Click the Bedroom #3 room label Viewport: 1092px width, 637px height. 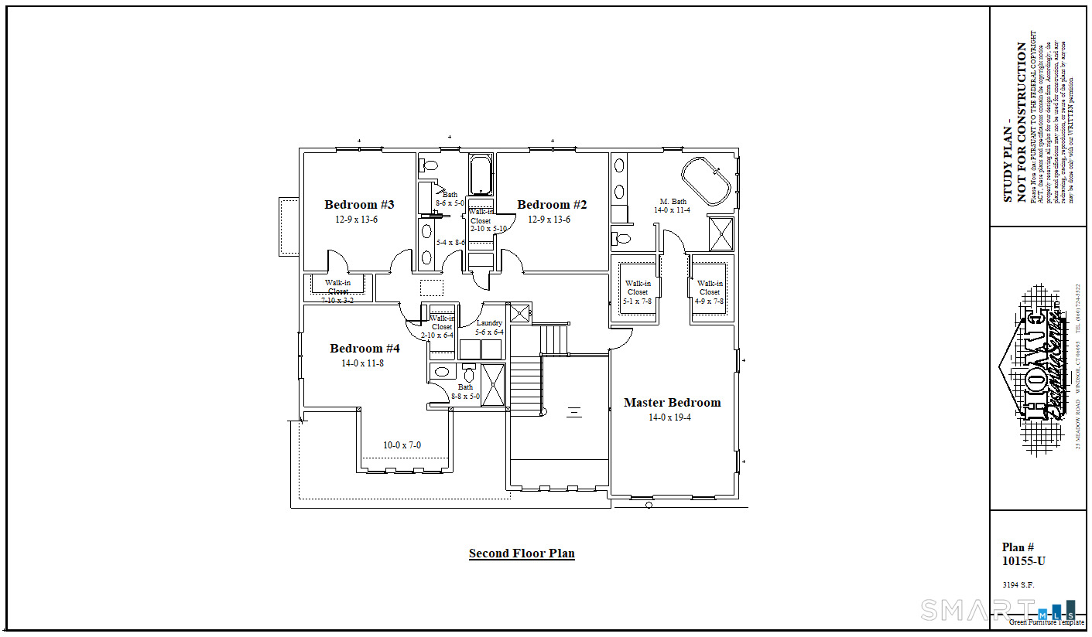pyautogui.click(x=359, y=205)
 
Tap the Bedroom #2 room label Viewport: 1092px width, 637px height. pyautogui.click(x=552, y=205)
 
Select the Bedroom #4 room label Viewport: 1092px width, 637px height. pyautogui.click(x=365, y=349)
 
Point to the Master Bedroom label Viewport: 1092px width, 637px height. pyautogui.click(x=672, y=403)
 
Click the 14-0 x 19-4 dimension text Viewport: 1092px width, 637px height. pyautogui.click(x=670, y=417)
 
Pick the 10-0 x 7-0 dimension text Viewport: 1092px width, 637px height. pyautogui.click(x=402, y=445)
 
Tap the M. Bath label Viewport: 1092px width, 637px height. pyautogui.click(x=673, y=202)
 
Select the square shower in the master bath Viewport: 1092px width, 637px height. pyautogui.click(x=721, y=234)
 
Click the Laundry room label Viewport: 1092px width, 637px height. pyautogui.click(x=489, y=323)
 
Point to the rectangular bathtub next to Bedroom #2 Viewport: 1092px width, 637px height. pyautogui.click(x=481, y=175)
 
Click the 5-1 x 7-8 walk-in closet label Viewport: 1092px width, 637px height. pyautogui.click(x=638, y=292)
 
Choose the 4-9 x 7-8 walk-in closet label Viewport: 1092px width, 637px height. pyautogui.click(x=710, y=292)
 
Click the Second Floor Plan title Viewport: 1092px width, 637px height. pyautogui.click(x=522, y=554)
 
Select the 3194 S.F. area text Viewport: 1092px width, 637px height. pyautogui.click(x=1018, y=585)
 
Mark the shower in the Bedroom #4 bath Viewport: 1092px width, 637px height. pyautogui.click(x=492, y=383)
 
